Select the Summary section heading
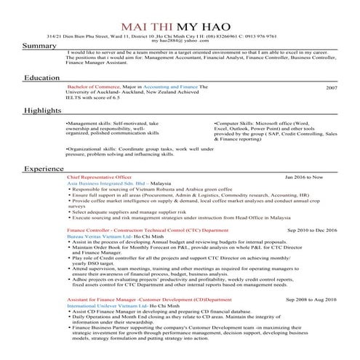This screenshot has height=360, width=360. [x=39, y=46]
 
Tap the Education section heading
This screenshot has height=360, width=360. [x=42, y=77]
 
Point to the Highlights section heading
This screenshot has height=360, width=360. [x=43, y=111]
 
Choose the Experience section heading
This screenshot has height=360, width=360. [x=44, y=169]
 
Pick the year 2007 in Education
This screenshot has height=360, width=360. [x=332, y=87]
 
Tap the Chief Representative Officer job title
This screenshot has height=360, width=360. [x=99, y=177]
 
